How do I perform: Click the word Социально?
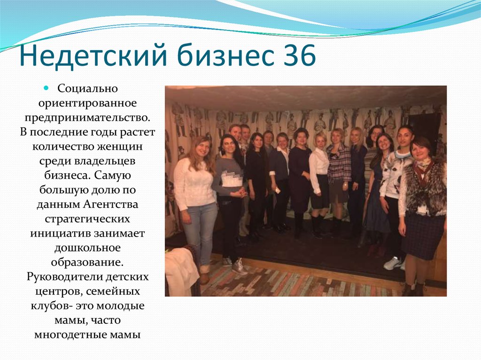point(87,89)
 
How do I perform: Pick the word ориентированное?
point(87,102)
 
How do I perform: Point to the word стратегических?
point(87,219)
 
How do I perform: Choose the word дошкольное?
point(87,248)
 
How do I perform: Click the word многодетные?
point(75,335)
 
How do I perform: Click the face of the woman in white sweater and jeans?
point(202,147)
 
